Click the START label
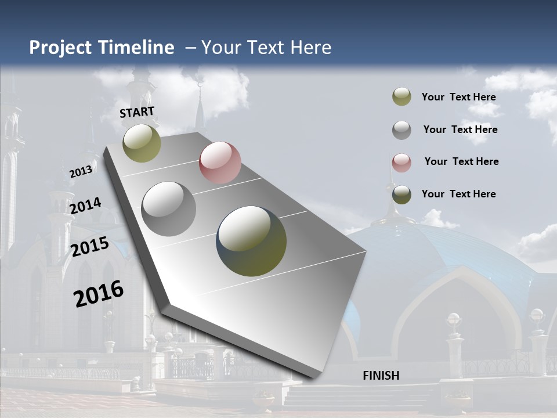click(x=137, y=112)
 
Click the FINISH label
click(x=381, y=376)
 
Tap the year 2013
click(x=81, y=171)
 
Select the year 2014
click(x=85, y=206)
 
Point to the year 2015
click(x=89, y=247)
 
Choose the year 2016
click(x=99, y=294)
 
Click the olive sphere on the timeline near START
click(x=142, y=143)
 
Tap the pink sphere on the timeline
click(x=220, y=163)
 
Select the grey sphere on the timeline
click(x=169, y=209)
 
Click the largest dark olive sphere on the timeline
click(x=251, y=241)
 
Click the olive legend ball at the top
click(x=402, y=97)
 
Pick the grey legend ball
click(x=402, y=130)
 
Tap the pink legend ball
click(x=402, y=163)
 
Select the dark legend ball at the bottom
click(x=402, y=194)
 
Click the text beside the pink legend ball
click(x=461, y=161)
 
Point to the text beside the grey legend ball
click(x=460, y=129)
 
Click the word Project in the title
click(x=61, y=48)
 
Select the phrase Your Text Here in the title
click(x=266, y=48)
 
